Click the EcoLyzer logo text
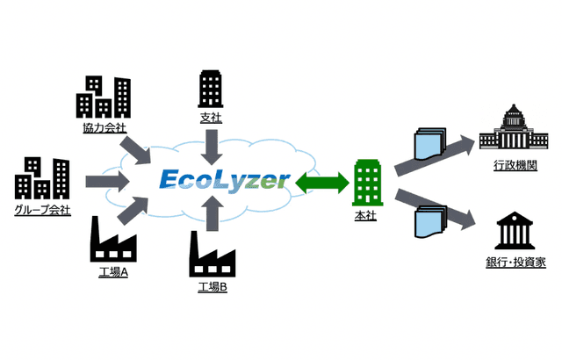tap(225, 181)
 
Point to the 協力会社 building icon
tap(103, 97)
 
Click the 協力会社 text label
tap(103, 128)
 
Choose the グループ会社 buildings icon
tap(41, 178)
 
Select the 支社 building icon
tap(211, 88)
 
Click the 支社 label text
tap(211, 117)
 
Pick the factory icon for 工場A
tap(113, 239)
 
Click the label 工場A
tap(113, 272)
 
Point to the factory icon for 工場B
tap(213, 255)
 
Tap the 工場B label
tap(213, 287)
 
